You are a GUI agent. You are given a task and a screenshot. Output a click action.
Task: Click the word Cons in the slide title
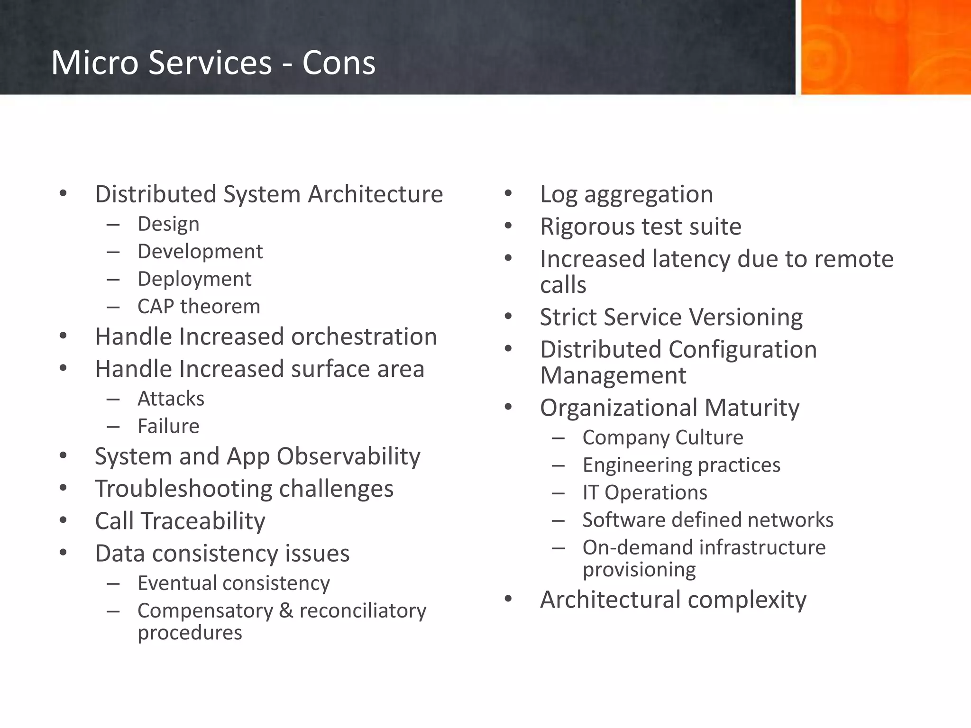coord(339,63)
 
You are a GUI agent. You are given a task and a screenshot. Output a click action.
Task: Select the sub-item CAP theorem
coord(199,307)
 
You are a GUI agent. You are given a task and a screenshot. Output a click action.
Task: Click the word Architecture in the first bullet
coord(375,194)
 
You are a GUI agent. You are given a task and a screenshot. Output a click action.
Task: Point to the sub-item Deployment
coord(194,279)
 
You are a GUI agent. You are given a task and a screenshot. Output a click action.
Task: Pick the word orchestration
coord(364,337)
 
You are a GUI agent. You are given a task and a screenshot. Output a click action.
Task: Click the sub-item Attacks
coord(171,399)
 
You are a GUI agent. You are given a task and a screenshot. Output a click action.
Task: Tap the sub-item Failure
coord(168,427)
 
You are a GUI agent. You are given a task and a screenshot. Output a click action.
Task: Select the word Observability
coord(348,456)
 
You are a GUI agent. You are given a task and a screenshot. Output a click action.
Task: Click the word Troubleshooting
coord(183,489)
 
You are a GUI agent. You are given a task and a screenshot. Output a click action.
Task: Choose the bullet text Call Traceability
coord(180,521)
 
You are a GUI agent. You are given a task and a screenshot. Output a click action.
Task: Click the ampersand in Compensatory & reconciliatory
coord(286,611)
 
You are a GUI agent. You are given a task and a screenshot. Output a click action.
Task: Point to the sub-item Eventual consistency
coord(233,583)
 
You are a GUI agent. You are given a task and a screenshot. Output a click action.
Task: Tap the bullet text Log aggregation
coord(626,194)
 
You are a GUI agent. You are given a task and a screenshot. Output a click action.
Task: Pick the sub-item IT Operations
coord(645,492)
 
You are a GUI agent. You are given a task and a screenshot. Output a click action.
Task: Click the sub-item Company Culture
coord(663,437)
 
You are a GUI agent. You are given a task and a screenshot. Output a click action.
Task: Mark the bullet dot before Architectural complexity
coord(508,599)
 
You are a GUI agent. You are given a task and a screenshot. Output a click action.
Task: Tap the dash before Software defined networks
coord(558,521)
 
